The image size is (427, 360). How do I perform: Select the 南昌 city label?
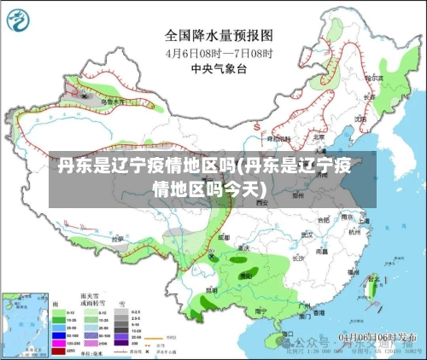pyautogui.click(x=322, y=253)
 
